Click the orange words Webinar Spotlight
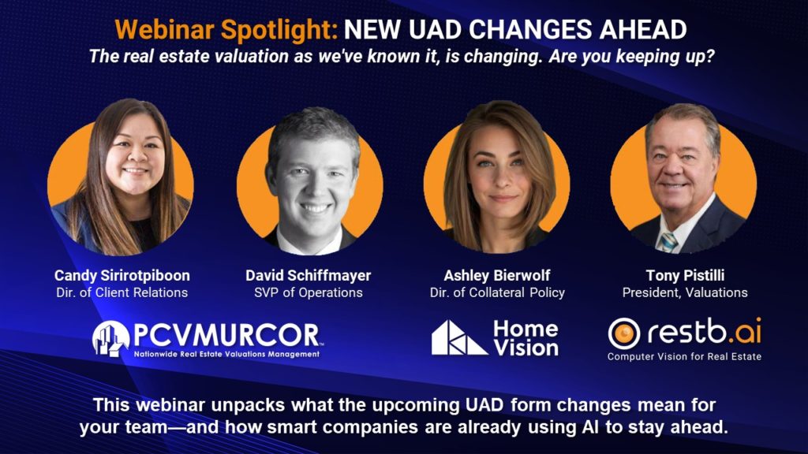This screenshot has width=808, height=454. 226,30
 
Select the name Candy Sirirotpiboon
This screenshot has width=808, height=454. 122,276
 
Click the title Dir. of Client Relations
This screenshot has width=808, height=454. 122,292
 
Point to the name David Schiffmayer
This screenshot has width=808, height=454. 309,276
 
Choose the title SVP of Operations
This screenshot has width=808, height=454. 309,292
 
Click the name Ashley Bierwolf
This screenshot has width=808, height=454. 497,276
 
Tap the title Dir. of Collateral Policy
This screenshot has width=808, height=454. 497,292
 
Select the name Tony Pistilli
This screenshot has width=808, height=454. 685,276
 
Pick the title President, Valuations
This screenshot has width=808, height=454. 685,292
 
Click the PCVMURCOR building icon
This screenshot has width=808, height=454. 110,338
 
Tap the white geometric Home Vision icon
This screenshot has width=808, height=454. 458,337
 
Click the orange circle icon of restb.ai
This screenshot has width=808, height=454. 624,333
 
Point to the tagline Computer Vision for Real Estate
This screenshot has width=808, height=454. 684,356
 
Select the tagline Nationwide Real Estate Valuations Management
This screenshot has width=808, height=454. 226,354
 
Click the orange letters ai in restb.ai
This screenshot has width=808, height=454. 748,332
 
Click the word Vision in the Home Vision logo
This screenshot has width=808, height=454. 526,348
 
